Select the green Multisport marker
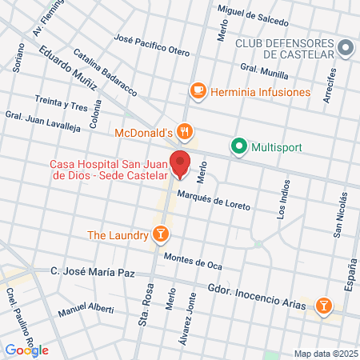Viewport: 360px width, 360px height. [238, 147]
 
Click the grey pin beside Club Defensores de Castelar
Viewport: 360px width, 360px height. [346, 47]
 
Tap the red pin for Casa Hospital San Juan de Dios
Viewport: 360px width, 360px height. [180, 163]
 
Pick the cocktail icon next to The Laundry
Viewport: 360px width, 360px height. [161, 234]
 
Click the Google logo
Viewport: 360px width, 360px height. [26, 350]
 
